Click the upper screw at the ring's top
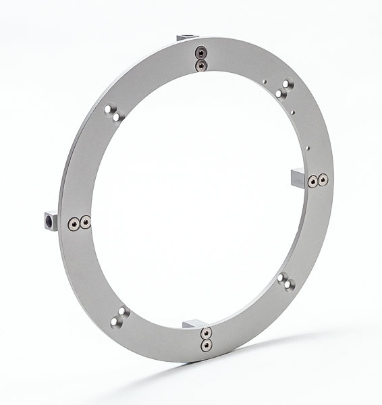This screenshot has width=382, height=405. (200, 52)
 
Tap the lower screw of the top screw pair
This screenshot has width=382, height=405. (200, 63)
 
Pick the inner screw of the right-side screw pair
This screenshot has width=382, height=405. (312, 182)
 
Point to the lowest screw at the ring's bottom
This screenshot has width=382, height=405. (205, 346)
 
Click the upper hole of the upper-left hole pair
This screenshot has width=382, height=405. (110, 108)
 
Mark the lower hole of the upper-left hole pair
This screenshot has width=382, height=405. (117, 117)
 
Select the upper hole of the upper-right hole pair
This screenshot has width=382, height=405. (287, 85)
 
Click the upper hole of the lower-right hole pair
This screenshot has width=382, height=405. (282, 277)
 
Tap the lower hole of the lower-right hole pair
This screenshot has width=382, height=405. (289, 286)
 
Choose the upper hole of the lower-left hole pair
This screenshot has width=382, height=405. (123, 312)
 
